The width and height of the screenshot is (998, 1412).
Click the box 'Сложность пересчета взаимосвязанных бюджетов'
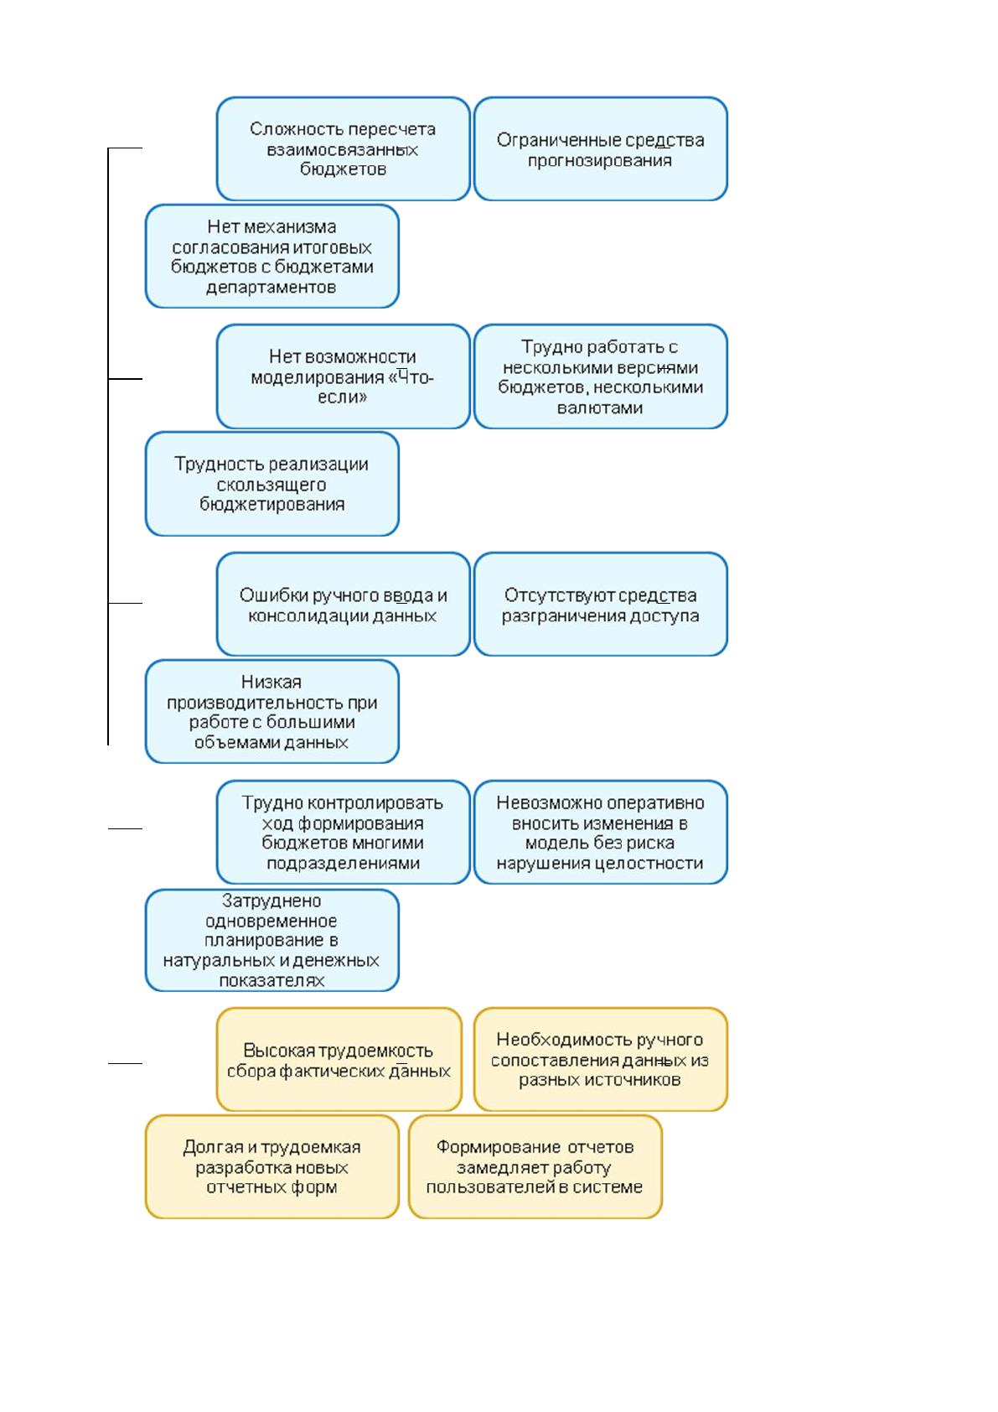(x=343, y=148)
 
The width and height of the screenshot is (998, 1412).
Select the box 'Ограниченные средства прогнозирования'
(x=601, y=148)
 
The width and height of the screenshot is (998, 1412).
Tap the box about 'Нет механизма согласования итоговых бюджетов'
(x=272, y=256)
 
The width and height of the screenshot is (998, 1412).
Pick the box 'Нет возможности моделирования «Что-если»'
(x=343, y=376)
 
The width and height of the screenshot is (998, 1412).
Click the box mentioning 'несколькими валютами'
(x=601, y=376)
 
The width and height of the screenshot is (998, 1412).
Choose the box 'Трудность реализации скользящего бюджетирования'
(x=272, y=484)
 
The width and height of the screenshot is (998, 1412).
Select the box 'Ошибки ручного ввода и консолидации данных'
(x=343, y=604)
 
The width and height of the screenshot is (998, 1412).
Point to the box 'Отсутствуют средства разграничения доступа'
(x=601, y=604)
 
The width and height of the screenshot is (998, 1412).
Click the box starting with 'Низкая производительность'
(x=272, y=711)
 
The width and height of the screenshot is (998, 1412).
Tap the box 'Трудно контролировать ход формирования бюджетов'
(x=343, y=832)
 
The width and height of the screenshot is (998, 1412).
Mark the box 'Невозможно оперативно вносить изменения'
(x=601, y=832)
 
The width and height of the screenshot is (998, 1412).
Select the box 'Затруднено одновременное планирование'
(x=272, y=940)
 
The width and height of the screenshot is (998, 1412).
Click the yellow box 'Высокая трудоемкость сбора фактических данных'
(x=339, y=1060)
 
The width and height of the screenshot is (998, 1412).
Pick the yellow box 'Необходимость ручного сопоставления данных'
(x=601, y=1060)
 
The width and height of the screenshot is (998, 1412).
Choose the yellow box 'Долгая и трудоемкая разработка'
(x=272, y=1167)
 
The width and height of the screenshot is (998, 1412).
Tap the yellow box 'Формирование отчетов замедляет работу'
(x=535, y=1167)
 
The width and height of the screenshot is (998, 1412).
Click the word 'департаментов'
(x=271, y=288)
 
